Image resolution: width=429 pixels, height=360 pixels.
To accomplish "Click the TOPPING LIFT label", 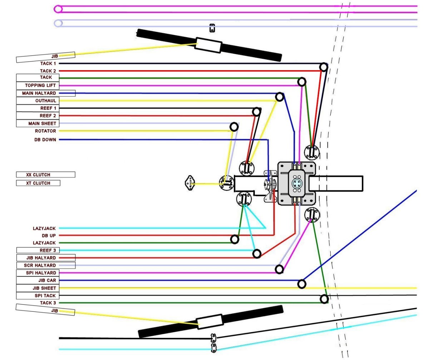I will [40, 86].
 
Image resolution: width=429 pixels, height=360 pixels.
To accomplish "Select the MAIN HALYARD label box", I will [45, 93].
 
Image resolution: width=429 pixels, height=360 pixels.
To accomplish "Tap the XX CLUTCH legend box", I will [45, 175].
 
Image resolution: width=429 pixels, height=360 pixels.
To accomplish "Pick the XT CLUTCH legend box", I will [38, 183].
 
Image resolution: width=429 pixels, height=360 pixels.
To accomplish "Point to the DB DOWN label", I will [45, 140].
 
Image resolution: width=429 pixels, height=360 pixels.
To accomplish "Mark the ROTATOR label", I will [45, 131].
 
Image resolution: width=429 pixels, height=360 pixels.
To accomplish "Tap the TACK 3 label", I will [48, 303].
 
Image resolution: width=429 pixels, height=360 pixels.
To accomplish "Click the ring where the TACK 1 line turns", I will [324, 67].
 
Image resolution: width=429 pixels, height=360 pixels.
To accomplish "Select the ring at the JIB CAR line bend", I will [302, 284].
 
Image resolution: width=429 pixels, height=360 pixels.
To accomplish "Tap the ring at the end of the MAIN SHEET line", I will [234, 127].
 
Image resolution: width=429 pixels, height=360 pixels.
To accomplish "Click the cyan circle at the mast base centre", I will [297, 183].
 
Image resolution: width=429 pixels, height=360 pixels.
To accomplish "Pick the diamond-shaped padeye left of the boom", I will [189, 183].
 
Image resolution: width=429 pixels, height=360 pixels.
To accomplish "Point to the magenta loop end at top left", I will [58, 9].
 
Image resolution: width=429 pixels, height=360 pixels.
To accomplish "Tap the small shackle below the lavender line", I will [212, 28].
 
